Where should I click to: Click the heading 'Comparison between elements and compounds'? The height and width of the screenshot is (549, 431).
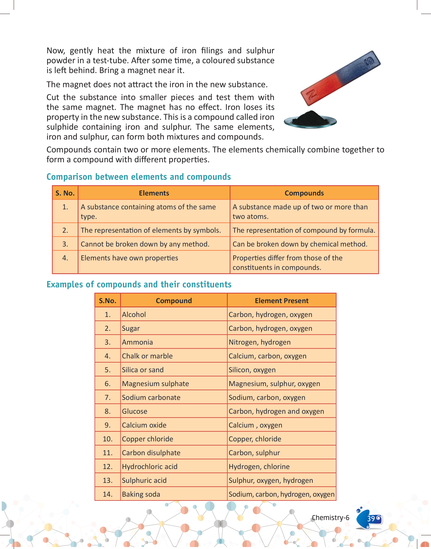tap(138, 177)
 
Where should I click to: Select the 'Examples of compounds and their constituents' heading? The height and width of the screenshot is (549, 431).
tap(139, 284)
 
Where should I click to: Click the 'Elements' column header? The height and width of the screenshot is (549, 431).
tap(154, 193)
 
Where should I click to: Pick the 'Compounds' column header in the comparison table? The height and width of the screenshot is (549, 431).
tap(304, 193)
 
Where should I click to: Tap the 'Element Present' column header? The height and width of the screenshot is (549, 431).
tap(281, 301)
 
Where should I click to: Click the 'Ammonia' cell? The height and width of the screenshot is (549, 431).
tap(137, 342)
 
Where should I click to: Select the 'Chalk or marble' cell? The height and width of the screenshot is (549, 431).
tap(147, 356)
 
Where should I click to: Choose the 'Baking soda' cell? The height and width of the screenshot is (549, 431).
tap(141, 494)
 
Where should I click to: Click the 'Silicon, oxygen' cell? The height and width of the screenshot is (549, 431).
tap(252, 370)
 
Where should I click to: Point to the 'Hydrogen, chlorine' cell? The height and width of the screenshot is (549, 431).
tap(259, 467)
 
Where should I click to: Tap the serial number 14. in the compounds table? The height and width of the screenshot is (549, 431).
tap(107, 494)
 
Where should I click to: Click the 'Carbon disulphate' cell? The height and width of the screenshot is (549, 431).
tap(151, 453)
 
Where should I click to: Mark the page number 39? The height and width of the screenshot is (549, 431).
tap(371, 519)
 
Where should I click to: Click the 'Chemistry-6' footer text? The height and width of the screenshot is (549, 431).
tap(330, 518)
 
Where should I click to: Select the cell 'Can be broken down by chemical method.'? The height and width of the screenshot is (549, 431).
tap(300, 244)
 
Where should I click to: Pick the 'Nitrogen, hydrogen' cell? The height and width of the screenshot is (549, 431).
tap(260, 342)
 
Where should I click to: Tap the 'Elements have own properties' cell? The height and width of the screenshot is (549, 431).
tap(129, 258)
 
